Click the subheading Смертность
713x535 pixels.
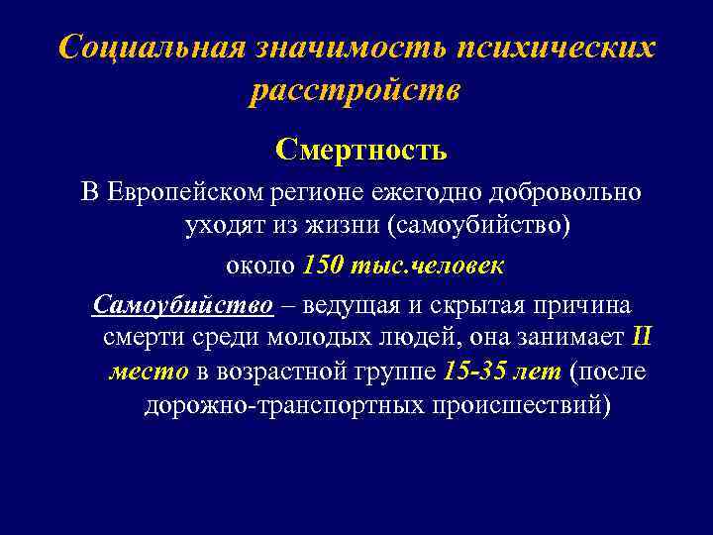361,151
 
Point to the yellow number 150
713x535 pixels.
323,266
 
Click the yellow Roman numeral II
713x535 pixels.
641,337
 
